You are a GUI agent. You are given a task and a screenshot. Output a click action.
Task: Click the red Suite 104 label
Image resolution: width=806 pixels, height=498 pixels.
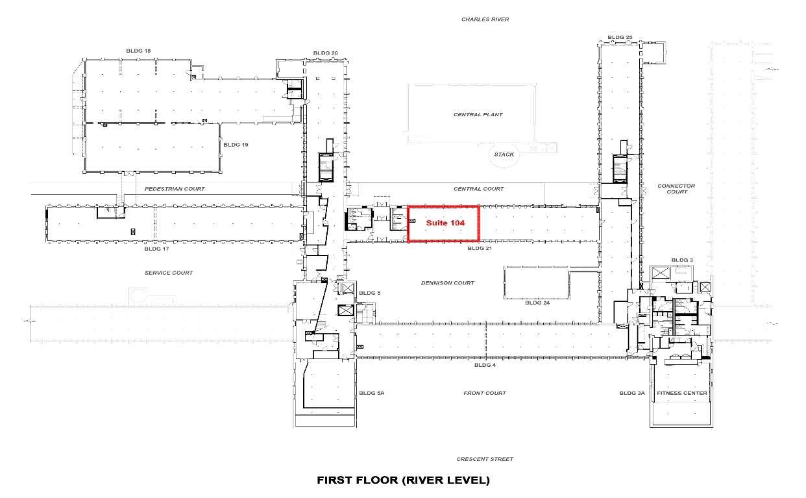pyautogui.click(x=445, y=223)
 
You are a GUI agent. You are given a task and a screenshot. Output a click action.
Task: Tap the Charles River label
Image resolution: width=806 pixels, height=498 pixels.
pyautogui.click(x=485, y=19)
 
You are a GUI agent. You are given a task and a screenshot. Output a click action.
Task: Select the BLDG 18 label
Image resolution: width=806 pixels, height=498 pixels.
pyautogui.click(x=138, y=51)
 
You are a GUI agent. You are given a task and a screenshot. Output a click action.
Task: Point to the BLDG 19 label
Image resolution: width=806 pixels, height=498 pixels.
pyautogui.click(x=236, y=145)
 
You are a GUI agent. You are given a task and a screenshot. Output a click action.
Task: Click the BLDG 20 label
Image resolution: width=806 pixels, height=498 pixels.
pyautogui.click(x=325, y=53)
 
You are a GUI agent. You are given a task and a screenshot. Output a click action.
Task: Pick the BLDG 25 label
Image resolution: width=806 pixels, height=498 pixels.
pyautogui.click(x=620, y=38)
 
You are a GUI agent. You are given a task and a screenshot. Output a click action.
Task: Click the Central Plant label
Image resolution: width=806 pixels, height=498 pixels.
pyautogui.click(x=478, y=114)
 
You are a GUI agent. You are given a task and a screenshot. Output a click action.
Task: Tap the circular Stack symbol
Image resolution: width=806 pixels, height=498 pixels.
pyautogui.click(x=504, y=155)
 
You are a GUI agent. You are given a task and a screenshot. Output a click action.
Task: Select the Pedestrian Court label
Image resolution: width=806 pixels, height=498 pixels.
pyautogui.click(x=175, y=189)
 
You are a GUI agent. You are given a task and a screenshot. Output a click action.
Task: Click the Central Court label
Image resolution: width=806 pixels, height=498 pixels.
pyautogui.click(x=478, y=189)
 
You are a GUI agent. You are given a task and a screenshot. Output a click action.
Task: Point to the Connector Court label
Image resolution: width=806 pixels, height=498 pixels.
pyautogui.click(x=676, y=189)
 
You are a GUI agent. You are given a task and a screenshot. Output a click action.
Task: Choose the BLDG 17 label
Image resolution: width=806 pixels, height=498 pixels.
pyautogui.click(x=156, y=249)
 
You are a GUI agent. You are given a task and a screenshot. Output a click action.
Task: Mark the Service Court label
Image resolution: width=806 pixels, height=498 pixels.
pyautogui.click(x=169, y=273)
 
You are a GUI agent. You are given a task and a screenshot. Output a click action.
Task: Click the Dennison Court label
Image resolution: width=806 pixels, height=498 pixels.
pyautogui.click(x=448, y=283)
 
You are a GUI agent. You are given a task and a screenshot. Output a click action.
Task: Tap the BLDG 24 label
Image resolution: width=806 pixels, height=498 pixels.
pyautogui.click(x=537, y=303)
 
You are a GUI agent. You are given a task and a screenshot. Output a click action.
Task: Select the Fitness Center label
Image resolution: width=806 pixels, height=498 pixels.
pyautogui.click(x=682, y=393)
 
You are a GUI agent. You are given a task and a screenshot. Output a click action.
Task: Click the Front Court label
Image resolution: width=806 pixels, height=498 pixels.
pyautogui.click(x=485, y=393)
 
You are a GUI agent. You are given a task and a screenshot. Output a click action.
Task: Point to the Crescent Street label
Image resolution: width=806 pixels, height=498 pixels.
pyautogui.click(x=485, y=459)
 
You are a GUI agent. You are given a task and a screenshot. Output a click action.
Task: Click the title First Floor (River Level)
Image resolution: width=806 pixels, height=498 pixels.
pyautogui.click(x=403, y=480)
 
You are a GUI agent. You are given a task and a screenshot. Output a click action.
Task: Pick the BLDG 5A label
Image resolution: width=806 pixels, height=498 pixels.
pyautogui.click(x=372, y=393)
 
